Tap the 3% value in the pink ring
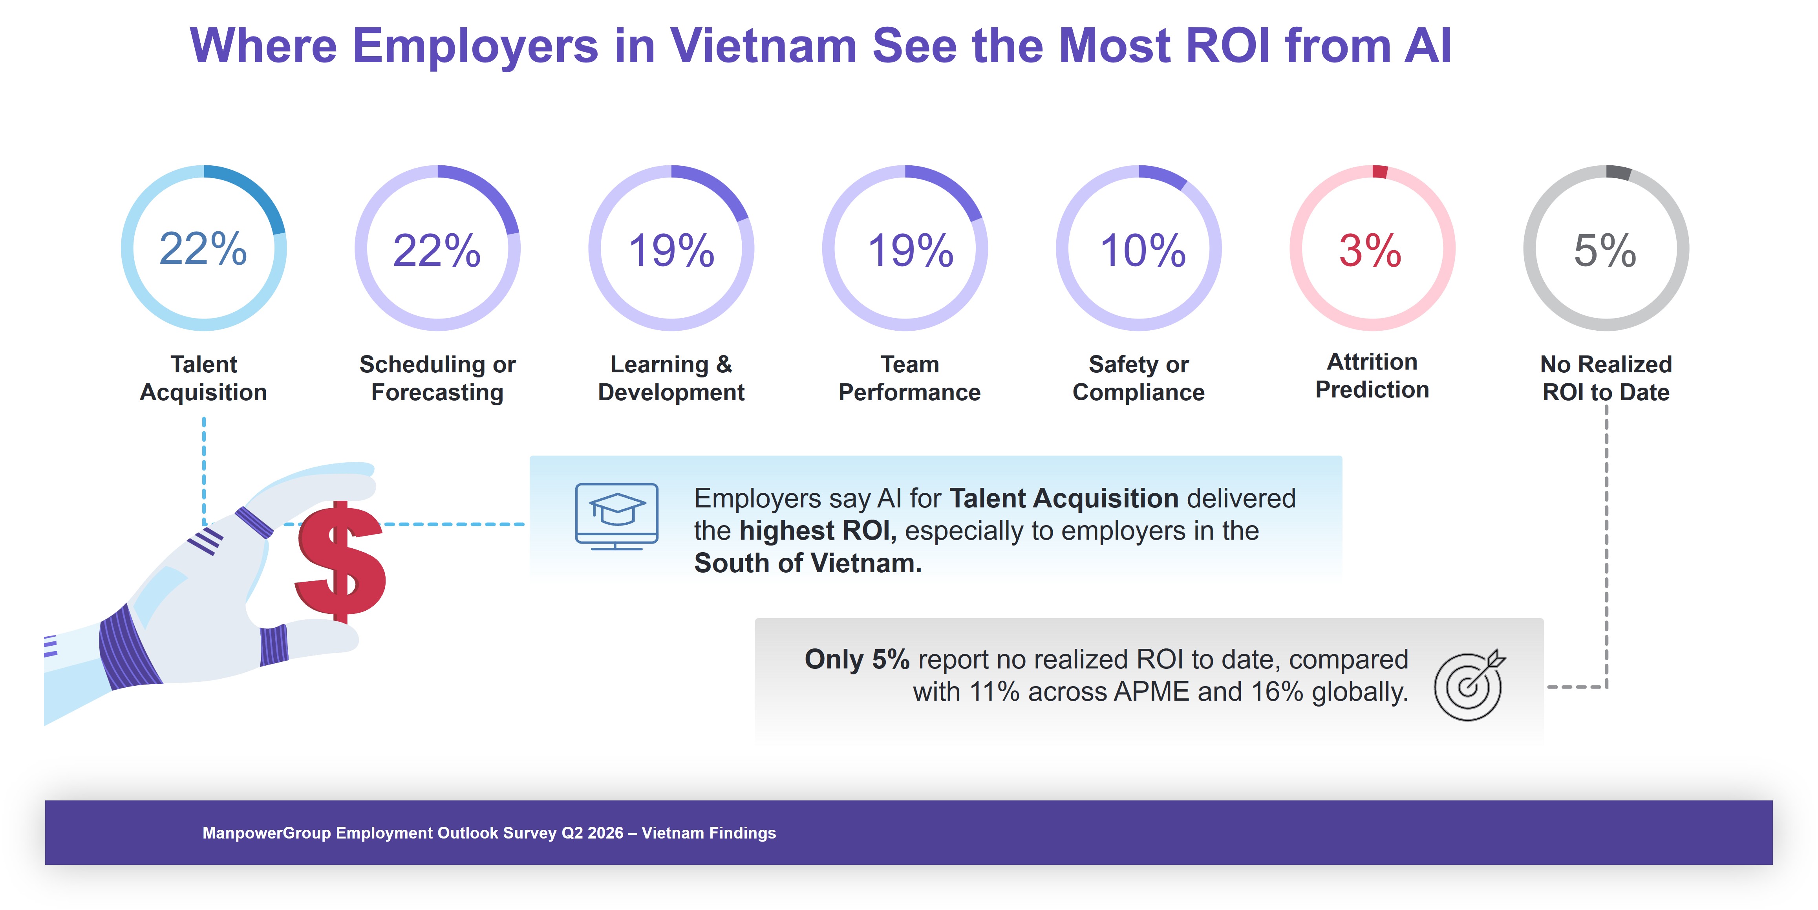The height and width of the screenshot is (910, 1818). pos(1370,251)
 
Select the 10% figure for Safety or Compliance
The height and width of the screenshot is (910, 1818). pos(1143,251)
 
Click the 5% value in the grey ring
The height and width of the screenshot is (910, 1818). pos(1605,251)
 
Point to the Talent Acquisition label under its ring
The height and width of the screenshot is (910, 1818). pos(203,378)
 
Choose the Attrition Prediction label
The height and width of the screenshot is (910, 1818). pos(1372,375)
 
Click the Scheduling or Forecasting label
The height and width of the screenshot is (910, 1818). pos(437,378)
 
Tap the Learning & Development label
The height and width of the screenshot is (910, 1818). pos(671,378)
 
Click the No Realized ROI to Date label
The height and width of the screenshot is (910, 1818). pos(1606,378)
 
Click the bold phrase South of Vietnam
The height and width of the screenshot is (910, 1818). pos(807,563)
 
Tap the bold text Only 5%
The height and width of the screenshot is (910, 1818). pos(857,659)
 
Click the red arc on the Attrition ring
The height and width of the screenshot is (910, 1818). pos(1380,172)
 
